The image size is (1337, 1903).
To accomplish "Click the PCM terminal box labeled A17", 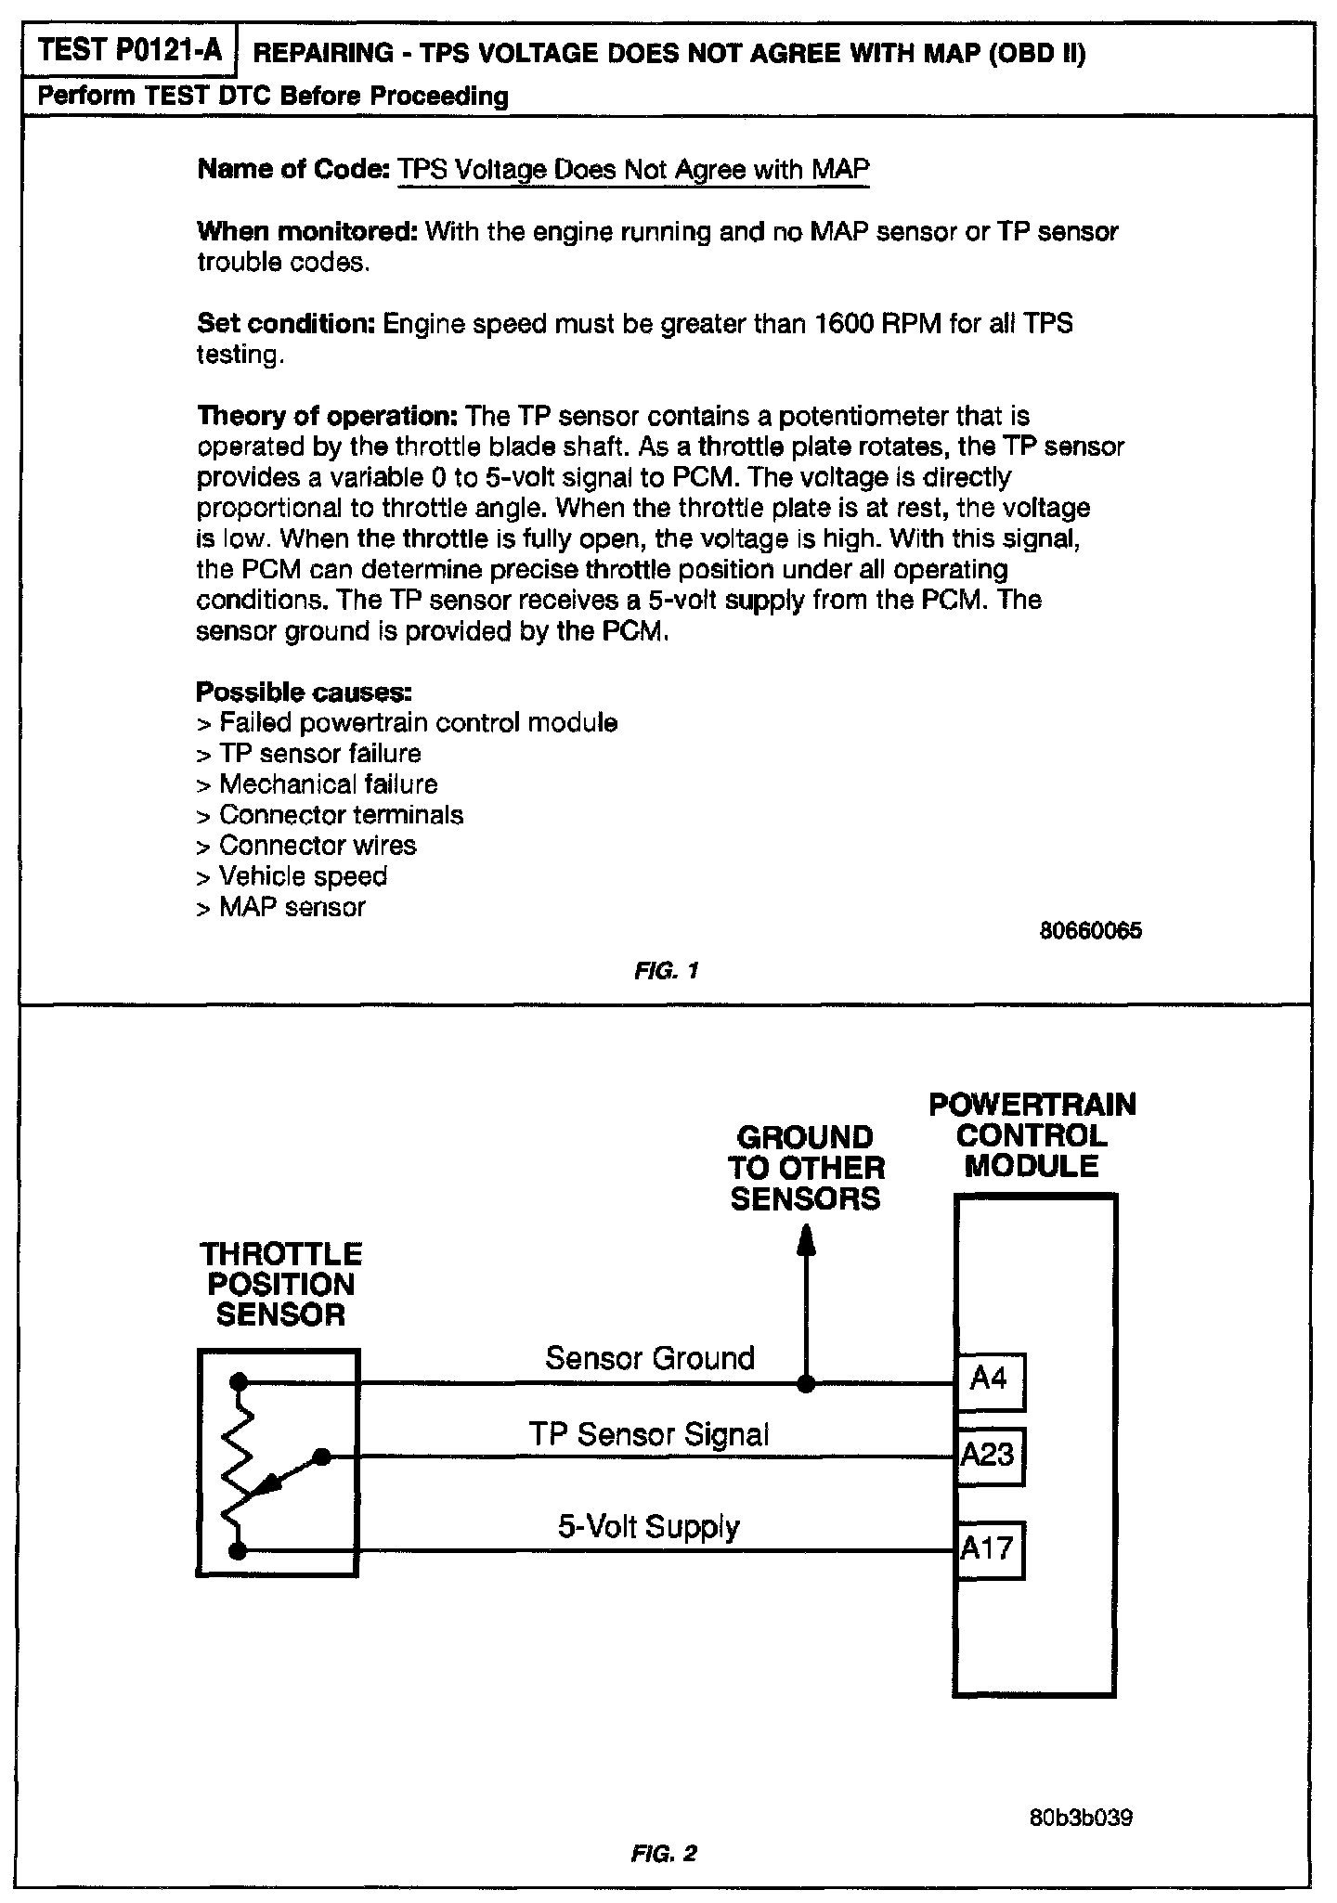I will (990, 1549).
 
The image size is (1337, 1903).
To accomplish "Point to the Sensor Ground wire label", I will (650, 1358).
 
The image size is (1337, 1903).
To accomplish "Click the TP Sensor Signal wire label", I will (650, 1435).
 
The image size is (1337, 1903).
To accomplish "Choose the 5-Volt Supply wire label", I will (649, 1527).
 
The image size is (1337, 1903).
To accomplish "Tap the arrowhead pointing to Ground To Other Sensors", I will (807, 1239).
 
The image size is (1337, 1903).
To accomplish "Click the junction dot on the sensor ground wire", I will (807, 1384).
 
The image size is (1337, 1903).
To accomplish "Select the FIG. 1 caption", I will (667, 971).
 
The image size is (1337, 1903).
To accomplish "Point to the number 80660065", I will (1091, 931).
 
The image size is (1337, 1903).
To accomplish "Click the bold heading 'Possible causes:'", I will (304, 693).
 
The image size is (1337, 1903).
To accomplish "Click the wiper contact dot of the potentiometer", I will (321, 1456).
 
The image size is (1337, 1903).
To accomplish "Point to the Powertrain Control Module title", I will (1032, 1135).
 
